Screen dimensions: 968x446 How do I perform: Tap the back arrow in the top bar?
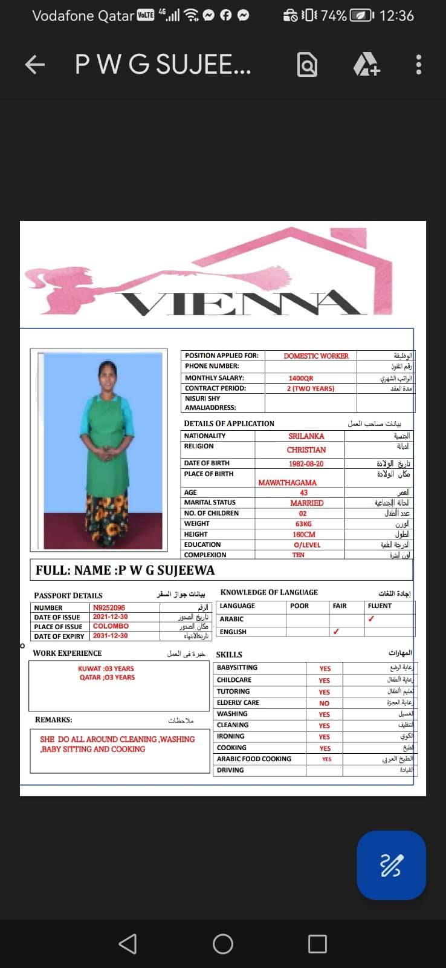tap(35, 65)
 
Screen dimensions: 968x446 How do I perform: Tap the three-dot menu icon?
tap(418, 65)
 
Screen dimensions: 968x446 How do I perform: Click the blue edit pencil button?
tap(391, 865)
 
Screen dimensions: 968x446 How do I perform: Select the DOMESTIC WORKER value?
tap(316, 356)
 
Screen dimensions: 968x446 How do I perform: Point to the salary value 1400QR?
tap(301, 378)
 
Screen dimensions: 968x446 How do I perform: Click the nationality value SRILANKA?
tap(306, 436)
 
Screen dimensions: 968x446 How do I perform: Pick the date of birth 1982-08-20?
tap(306, 464)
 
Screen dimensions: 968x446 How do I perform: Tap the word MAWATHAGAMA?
tap(287, 483)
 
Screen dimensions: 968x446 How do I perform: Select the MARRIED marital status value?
tap(306, 503)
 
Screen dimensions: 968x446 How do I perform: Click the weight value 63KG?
tap(303, 524)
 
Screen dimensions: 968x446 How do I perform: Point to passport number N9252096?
tap(109, 607)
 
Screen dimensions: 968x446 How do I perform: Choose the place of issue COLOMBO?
tap(111, 626)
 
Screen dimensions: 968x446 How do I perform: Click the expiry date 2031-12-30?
tap(110, 636)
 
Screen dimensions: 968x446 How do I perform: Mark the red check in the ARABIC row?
tap(371, 619)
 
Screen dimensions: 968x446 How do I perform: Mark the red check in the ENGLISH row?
tap(336, 632)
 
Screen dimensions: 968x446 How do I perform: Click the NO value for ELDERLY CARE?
tap(325, 704)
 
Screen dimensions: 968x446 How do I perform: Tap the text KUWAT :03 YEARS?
tap(106, 669)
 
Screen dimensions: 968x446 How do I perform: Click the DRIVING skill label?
tap(230, 770)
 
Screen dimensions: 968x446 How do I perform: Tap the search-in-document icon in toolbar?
tap(307, 65)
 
